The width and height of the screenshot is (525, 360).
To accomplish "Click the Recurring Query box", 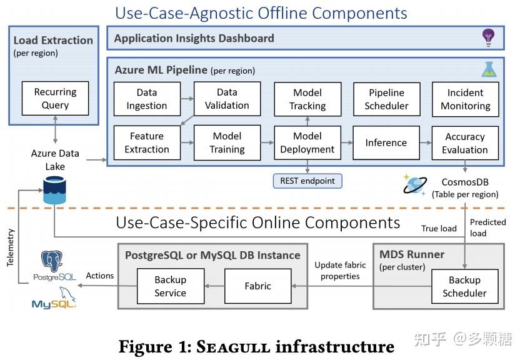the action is (x=55, y=99).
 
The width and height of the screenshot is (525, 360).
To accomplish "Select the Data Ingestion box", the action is (x=147, y=99).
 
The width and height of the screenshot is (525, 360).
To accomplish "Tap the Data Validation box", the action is (x=227, y=99).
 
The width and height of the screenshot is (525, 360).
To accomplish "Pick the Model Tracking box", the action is (x=307, y=99).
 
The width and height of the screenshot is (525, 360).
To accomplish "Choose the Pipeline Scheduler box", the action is (x=387, y=99).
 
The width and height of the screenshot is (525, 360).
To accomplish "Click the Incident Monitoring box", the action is (x=466, y=99).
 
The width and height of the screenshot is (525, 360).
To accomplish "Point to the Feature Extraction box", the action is (x=147, y=142).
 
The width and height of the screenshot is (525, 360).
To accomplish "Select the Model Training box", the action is (x=227, y=142).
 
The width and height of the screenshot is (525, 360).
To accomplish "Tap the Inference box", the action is (x=386, y=142).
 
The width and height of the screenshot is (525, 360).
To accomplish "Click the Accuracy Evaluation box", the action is (x=465, y=143).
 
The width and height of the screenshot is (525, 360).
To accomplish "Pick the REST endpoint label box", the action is (x=307, y=181).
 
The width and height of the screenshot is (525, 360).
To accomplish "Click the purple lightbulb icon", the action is (x=488, y=37).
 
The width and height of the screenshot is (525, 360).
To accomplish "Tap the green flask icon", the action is (x=489, y=69).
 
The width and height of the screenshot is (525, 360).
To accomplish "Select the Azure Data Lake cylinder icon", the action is (x=54, y=191).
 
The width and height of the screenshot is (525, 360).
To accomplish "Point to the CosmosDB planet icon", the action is (x=414, y=184).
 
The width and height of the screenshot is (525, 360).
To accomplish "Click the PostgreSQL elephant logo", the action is (x=52, y=261).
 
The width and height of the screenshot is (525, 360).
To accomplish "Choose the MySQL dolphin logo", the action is (x=54, y=298).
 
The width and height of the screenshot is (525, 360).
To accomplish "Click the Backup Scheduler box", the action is (x=465, y=286).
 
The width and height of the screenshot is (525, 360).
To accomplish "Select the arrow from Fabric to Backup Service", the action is (x=214, y=286).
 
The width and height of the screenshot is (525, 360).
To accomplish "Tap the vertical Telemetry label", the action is (x=11, y=247).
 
